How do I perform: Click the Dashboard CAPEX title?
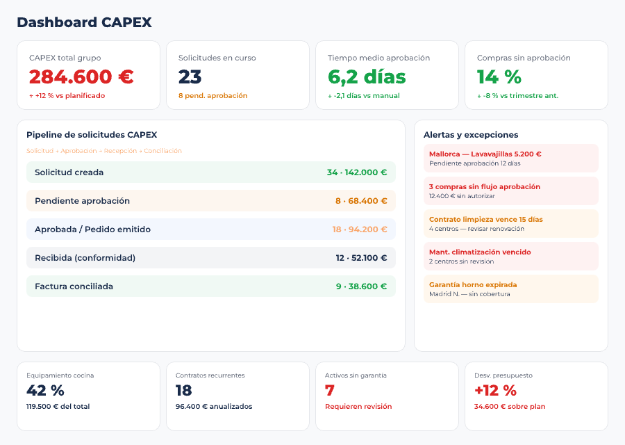point(84,22)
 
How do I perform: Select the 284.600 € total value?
point(81,76)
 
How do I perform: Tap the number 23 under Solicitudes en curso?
point(190,76)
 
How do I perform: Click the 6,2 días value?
point(367,76)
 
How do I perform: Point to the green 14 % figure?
point(499,76)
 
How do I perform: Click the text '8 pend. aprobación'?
point(212,96)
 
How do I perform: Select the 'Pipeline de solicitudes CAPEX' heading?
point(92,135)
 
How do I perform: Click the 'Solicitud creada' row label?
point(69,172)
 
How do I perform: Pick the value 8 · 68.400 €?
point(360,201)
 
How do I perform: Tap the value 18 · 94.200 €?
point(359,229)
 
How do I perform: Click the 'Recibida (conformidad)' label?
point(85,258)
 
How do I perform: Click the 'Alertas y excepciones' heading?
point(471,135)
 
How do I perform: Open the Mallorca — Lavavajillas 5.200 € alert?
point(485,154)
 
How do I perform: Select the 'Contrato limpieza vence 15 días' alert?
point(485,220)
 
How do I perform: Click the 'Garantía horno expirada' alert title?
point(472,285)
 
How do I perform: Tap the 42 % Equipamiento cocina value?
point(45,391)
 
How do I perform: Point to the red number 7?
point(330,391)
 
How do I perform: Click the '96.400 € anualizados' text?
point(214,407)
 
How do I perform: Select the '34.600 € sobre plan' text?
point(510,407)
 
